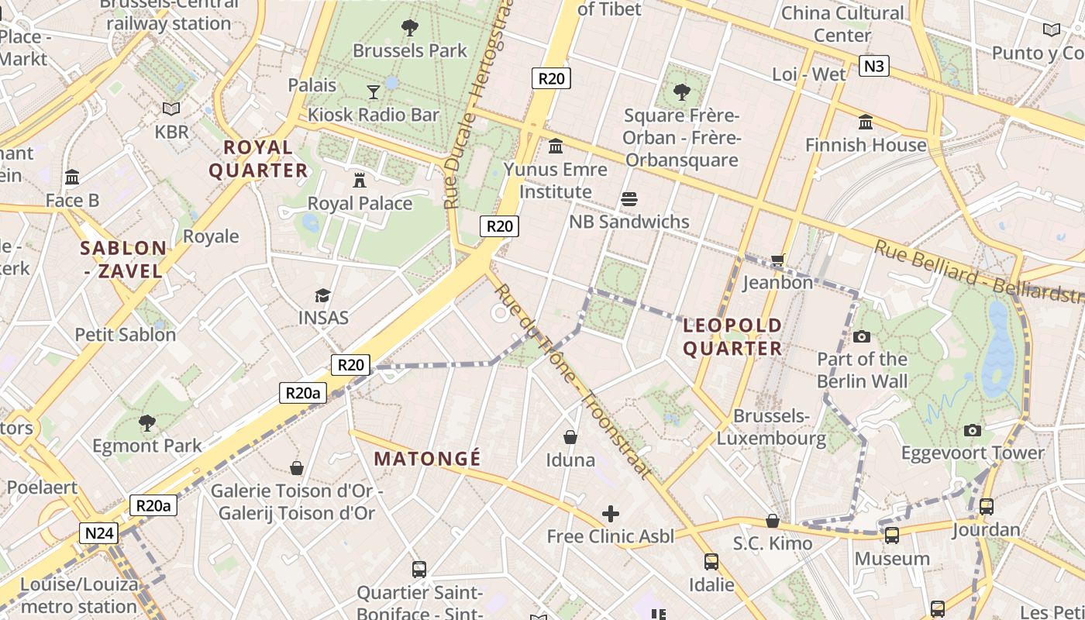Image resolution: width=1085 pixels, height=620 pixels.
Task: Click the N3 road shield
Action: (x=873, y=66)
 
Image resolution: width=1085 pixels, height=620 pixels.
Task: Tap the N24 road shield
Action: (x=100, y=533)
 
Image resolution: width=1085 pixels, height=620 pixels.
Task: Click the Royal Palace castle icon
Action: (x=360, y=180)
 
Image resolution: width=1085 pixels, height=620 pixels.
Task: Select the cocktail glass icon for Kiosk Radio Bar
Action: (x=374, y=92)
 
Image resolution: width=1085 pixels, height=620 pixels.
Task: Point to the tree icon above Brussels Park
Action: (x=410, y=28)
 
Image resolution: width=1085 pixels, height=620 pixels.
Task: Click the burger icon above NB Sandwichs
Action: (x=629, y=199)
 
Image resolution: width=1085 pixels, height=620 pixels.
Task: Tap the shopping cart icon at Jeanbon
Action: (x=777, y=260)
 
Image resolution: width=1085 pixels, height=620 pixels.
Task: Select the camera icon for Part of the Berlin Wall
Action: (x=861, y=336)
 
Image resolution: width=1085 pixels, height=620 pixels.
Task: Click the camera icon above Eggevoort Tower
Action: (x=973, y=430)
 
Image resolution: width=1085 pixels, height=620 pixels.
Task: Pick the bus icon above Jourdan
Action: (x=986, y=507)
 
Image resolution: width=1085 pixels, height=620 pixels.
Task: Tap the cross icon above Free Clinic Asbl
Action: (x=611, y=513)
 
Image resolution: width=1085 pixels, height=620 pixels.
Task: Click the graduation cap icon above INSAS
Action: (x=322, y=295)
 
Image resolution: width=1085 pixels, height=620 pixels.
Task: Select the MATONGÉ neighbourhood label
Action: (x=427, y=459)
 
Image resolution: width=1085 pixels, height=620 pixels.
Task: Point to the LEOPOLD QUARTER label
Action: (x=732, y=336)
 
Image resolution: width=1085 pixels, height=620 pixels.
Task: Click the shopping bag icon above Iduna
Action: (x=570, y=437)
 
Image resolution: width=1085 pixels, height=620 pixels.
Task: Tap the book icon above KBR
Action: (x=171, y=108)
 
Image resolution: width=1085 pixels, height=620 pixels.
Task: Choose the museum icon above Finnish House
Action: (x=866, y=122)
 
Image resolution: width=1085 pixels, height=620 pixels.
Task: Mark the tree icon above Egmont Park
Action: (x=146, y=422)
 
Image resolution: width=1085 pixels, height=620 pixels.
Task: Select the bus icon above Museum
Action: (x=892, y=535)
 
